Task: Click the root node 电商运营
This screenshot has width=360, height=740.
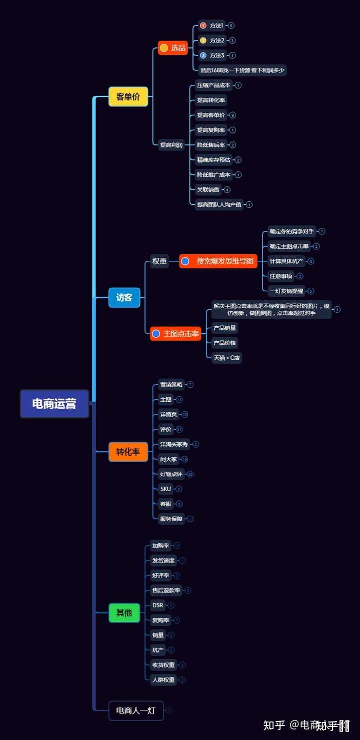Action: click(x=54, y=404)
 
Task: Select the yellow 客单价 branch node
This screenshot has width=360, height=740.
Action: click(x=128, y=97)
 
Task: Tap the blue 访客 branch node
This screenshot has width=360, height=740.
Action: click(x=124, y=298)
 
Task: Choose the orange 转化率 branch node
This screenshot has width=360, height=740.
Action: click(x=128, y=452)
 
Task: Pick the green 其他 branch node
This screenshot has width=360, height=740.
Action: click(x=124, y=613)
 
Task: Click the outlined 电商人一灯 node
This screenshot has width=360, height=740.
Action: click(x=136, y=711)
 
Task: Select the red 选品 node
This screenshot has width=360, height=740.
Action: click(x=173, y=48)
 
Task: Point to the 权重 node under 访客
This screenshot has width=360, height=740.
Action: click(x=159, y=261)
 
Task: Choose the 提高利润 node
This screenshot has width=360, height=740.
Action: click(x=171, y=145)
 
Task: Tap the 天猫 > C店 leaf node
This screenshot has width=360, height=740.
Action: click(x=226, y=358)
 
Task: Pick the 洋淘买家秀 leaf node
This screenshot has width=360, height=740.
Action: click(x=173, y=444)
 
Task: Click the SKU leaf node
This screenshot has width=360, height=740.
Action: click(x=165, y=489)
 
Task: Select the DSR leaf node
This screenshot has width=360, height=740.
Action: click(x=157, y=605)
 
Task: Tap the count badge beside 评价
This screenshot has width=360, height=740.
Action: click(x=179, y=429)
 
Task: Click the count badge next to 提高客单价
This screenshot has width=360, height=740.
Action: click(x=232, y=115)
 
